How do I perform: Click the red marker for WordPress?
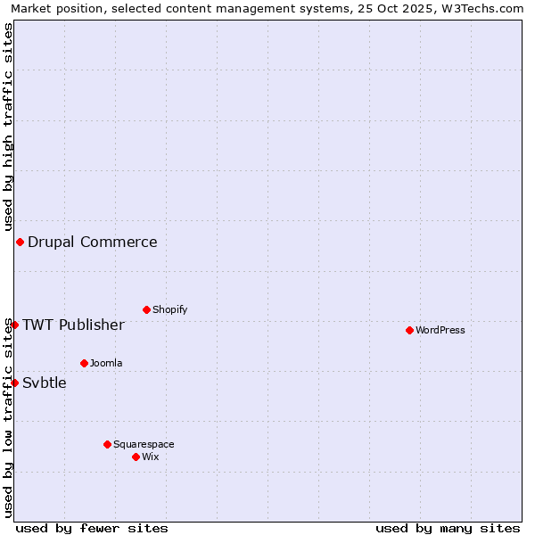[x=409, y=330]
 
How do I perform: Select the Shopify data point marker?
[x=146, y=309]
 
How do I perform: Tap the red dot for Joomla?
[x=84, y=363]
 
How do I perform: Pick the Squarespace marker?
[x=107, y=444]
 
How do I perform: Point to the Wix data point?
[x=136, y=457]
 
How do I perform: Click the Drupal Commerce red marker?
[x=20, y=242]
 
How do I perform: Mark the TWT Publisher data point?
[x=14, y=325]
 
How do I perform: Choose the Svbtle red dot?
[x=14, y=383]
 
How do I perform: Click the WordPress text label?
[x=440, y=330]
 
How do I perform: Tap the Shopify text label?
[x=169, y=309]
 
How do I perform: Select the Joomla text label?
[x=106, y=363]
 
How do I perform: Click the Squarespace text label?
[x=144, y=444]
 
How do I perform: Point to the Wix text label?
[x=151, y=457]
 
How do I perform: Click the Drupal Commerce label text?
[x=92, y=242]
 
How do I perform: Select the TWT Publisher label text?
[x=73, y=325]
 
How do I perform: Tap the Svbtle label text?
[x=45, y=383]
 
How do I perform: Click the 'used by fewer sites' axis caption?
[x=92, y=528]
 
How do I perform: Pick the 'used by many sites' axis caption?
[x=448, y=528]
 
